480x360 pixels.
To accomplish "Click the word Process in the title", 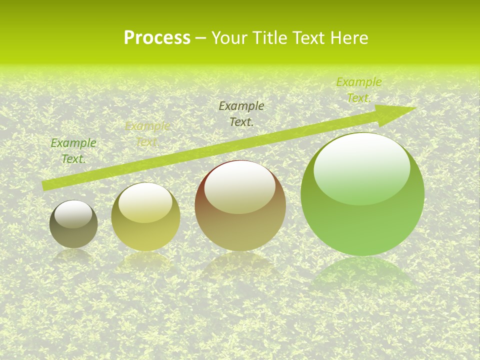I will point(157,37).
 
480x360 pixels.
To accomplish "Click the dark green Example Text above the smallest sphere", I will point(73,150).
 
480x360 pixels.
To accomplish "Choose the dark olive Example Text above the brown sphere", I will point(241,113).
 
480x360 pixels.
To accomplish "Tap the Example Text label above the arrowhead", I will point(358,89).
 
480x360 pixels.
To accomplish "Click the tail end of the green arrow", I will point(46,185).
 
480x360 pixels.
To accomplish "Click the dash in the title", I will point(201,38).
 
